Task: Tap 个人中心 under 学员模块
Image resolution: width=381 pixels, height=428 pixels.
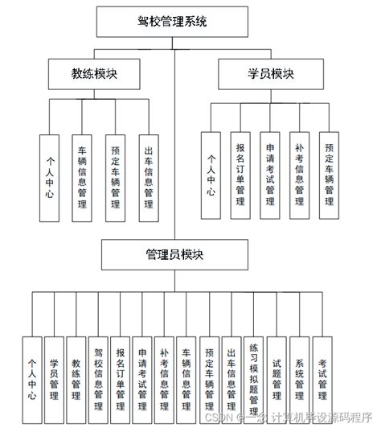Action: [x=211, y=175]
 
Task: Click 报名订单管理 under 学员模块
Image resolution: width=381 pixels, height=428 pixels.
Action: [x=240, y=175]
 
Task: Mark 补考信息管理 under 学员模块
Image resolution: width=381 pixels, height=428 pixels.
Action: [x=299, y=175]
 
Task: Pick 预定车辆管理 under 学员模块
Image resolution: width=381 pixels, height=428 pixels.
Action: [x=329, y=175]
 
